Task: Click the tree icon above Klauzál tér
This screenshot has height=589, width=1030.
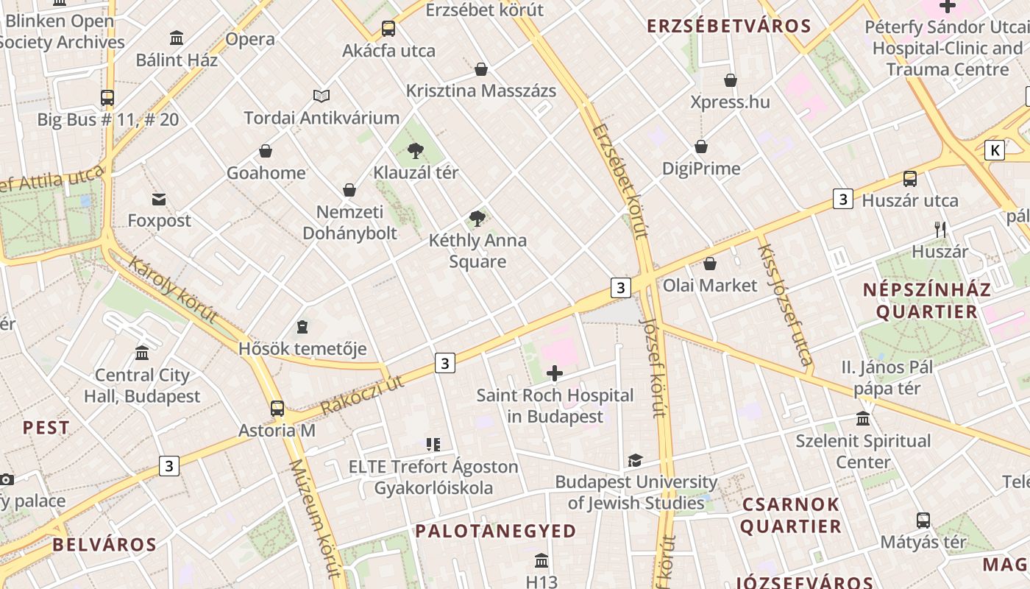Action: (416, 151)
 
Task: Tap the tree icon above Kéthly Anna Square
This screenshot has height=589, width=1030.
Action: (477, 218)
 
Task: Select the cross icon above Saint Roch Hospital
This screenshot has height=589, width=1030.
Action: (555, 374)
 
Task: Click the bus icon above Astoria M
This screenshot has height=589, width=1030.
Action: (277, 409)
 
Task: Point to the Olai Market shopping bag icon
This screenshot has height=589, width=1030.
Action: (710, 264)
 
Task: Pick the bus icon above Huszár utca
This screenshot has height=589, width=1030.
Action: (910, 179)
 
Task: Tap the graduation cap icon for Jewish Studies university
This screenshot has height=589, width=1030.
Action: (635, 461)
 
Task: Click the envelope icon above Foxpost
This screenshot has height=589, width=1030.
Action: (159, 199)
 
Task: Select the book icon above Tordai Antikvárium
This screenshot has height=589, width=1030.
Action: (322, 96)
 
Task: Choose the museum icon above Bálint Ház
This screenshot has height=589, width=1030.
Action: (177, 38)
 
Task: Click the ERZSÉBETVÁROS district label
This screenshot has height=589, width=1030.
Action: (728, 27)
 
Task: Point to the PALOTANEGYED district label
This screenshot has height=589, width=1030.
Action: (496, 531)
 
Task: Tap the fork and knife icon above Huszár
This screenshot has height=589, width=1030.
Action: (940, 230)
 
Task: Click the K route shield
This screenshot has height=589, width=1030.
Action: (995, 150)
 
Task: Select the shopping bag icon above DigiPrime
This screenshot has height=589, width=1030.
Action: (701, 147)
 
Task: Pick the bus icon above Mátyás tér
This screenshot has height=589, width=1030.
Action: (923, 521)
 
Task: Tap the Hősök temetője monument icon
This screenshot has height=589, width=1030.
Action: (302, 326)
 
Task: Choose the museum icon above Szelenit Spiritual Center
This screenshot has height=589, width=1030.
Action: (863, 419)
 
